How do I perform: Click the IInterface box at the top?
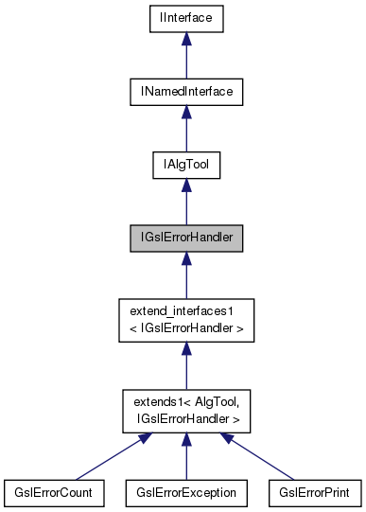tap(186, 17)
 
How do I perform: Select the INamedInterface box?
tap(186, 91)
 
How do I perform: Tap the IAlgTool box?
tap(186, 165)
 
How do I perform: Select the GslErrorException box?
tap(186, 493)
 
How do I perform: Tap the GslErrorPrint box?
tap(315, 493)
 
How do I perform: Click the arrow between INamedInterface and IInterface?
tap(186, 57)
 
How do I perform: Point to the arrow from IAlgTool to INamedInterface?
tap(186, 131)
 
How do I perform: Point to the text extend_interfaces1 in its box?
tap(186, 311)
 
